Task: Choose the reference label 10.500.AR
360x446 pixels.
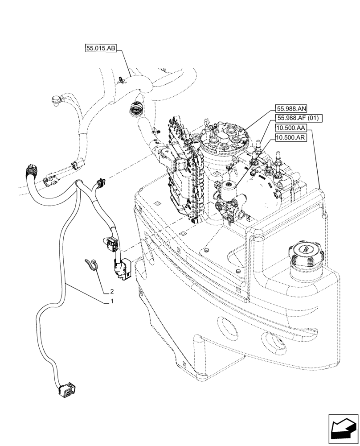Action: (x=290, y=138)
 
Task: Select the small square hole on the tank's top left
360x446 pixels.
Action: (x=157, y=203)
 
